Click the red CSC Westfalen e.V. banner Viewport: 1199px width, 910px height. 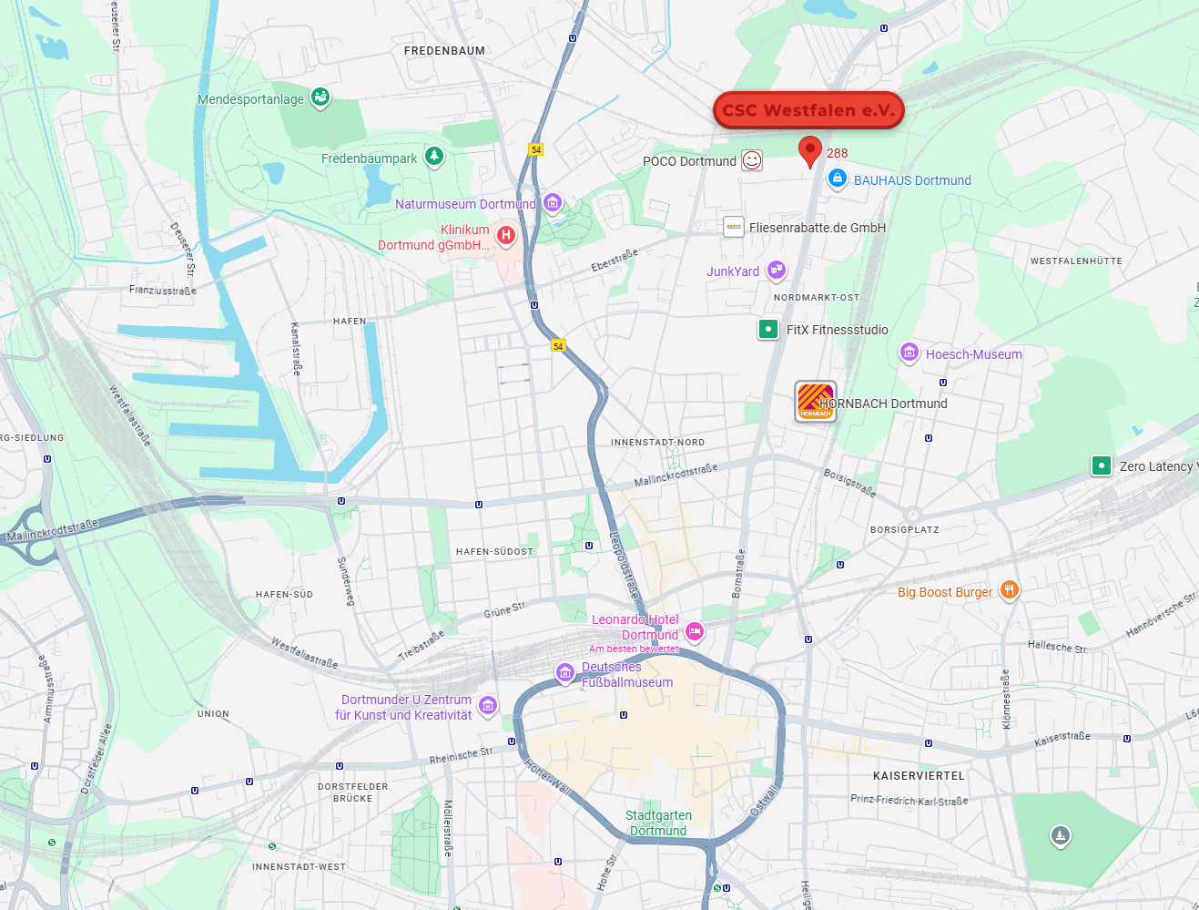coord(808,110)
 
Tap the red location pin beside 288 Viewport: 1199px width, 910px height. coord(809,149)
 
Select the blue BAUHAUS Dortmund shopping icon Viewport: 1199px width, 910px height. coord(838,179)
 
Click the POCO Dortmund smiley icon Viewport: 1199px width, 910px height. coord(752,160)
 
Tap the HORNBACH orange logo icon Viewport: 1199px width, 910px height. coord(815,401)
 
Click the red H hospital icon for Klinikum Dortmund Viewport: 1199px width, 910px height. coord(506,235)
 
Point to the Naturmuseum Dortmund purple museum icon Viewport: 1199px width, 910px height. coord(553,203)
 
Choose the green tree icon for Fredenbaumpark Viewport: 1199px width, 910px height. coord(434,157)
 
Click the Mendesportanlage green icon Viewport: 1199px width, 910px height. coord(320,97)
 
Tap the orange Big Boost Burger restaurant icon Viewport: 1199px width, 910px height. coord(1009,590)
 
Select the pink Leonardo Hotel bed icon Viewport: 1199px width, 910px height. coord(695,631)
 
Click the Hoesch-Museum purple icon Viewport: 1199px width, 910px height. coord(909,353)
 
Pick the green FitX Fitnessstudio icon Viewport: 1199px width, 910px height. coord(768,329)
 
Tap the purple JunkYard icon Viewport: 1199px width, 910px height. coord(776,270)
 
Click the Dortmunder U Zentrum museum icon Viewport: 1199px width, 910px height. coord(488,705)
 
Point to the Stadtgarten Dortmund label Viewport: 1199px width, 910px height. coord(658,823)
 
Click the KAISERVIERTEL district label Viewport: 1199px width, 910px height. coord(919,776)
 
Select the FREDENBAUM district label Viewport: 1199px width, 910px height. coord(444,51)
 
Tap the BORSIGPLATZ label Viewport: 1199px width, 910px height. coord(904,529)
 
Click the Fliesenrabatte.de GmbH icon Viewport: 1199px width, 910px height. coord(734,227)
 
